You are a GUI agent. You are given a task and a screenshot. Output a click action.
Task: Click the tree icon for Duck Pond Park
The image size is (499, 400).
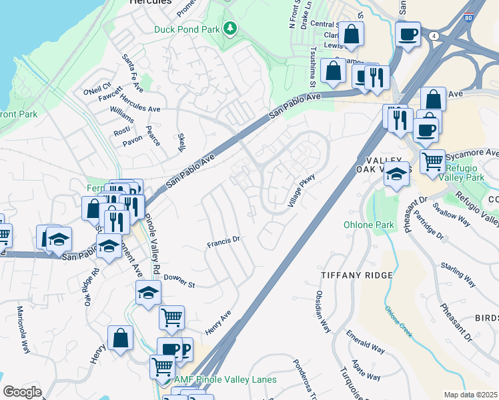230,28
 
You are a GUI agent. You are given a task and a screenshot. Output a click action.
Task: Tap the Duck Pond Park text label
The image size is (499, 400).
187,29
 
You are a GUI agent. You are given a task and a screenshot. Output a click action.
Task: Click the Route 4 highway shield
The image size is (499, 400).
434,36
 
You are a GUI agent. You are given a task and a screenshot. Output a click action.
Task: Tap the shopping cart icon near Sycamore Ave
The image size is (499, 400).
432,161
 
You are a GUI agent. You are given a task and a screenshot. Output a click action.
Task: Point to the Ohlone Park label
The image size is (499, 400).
368,225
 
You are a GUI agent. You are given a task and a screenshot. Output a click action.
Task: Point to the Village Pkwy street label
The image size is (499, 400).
301,190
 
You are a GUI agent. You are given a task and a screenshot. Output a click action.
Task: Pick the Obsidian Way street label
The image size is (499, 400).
323,311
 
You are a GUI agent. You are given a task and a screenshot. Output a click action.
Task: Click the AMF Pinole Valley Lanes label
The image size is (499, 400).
225,380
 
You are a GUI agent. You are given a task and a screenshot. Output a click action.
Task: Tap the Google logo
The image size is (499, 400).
22,392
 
